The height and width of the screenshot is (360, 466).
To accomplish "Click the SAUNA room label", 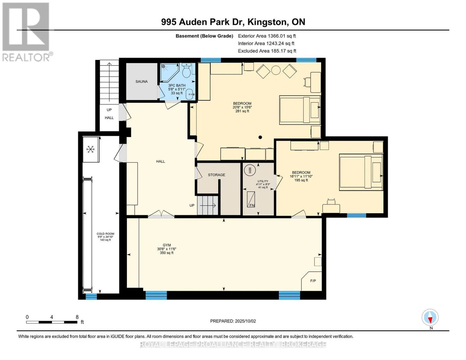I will coord(141,81).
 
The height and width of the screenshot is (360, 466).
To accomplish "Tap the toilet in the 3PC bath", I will coord(186,70).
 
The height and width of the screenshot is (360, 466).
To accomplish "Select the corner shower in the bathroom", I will coord(168,72).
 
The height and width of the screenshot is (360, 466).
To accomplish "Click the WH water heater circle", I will coord(249,170).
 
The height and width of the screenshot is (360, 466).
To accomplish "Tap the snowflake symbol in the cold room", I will coord(91,149).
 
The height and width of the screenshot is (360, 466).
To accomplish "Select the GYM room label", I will coord(167,245).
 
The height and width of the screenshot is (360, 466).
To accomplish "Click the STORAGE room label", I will coord(216,175).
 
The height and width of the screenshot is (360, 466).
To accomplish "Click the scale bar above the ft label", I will coord(51,322).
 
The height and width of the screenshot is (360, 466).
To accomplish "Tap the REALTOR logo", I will coord(26,31).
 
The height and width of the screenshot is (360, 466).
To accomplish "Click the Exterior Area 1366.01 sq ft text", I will coord(267,36).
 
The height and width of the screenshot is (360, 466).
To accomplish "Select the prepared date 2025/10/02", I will coord(233,321).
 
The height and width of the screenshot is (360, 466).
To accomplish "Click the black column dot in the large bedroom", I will coord(260,137).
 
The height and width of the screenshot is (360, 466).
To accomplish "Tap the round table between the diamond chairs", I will coord(276,70).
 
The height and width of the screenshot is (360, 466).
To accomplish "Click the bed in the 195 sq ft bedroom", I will coord(361,172).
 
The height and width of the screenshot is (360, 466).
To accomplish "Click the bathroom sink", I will coord(190,95).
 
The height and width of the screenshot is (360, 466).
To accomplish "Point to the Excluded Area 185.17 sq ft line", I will coord(267,51).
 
